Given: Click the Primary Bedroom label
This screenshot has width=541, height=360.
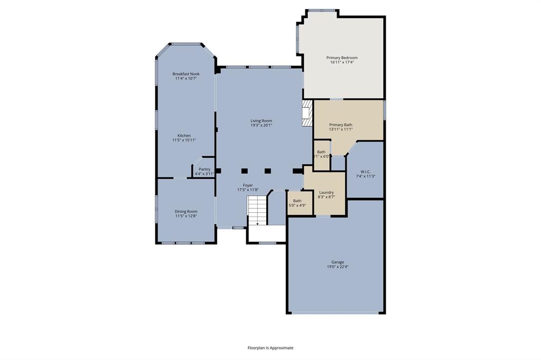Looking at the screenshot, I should tap(342, 58).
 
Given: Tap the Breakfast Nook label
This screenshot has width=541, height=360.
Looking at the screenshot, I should tap(186, 74).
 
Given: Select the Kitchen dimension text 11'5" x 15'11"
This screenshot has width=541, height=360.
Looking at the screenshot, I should tap(184, 140).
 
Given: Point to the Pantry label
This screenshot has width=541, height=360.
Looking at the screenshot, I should tap(204, 169).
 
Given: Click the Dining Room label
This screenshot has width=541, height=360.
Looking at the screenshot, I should tap(186, 211).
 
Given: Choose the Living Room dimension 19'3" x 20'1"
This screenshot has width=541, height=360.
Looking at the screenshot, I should tap(261, 126).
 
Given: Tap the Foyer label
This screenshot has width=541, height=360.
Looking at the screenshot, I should tap(247, 185).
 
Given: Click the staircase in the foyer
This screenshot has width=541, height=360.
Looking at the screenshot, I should tap(258, 211).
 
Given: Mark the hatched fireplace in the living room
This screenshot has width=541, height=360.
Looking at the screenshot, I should tap(307, 113).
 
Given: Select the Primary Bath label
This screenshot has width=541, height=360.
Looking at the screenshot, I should tap(341, 124).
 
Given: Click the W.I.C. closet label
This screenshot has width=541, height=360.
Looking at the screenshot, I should tap(365, 172).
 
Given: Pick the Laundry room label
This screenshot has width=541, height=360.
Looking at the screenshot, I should tap(326, 192).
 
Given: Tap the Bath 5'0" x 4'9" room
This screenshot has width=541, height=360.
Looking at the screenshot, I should tap(297, 203).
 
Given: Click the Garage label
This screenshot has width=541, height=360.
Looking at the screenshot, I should tap(338, 262).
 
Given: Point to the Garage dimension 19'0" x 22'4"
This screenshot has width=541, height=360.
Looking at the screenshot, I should tap(338, 267).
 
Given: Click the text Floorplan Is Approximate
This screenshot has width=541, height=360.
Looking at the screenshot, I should tap(270, 348).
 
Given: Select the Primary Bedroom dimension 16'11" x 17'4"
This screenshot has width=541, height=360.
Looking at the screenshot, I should tap(342, 62).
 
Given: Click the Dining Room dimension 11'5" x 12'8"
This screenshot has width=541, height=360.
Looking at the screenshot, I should tap(186, 216).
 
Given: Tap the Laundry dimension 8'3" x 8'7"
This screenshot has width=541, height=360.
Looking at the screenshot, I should tap(326, 197).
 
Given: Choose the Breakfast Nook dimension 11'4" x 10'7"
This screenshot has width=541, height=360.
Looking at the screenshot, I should tap(186, 79).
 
